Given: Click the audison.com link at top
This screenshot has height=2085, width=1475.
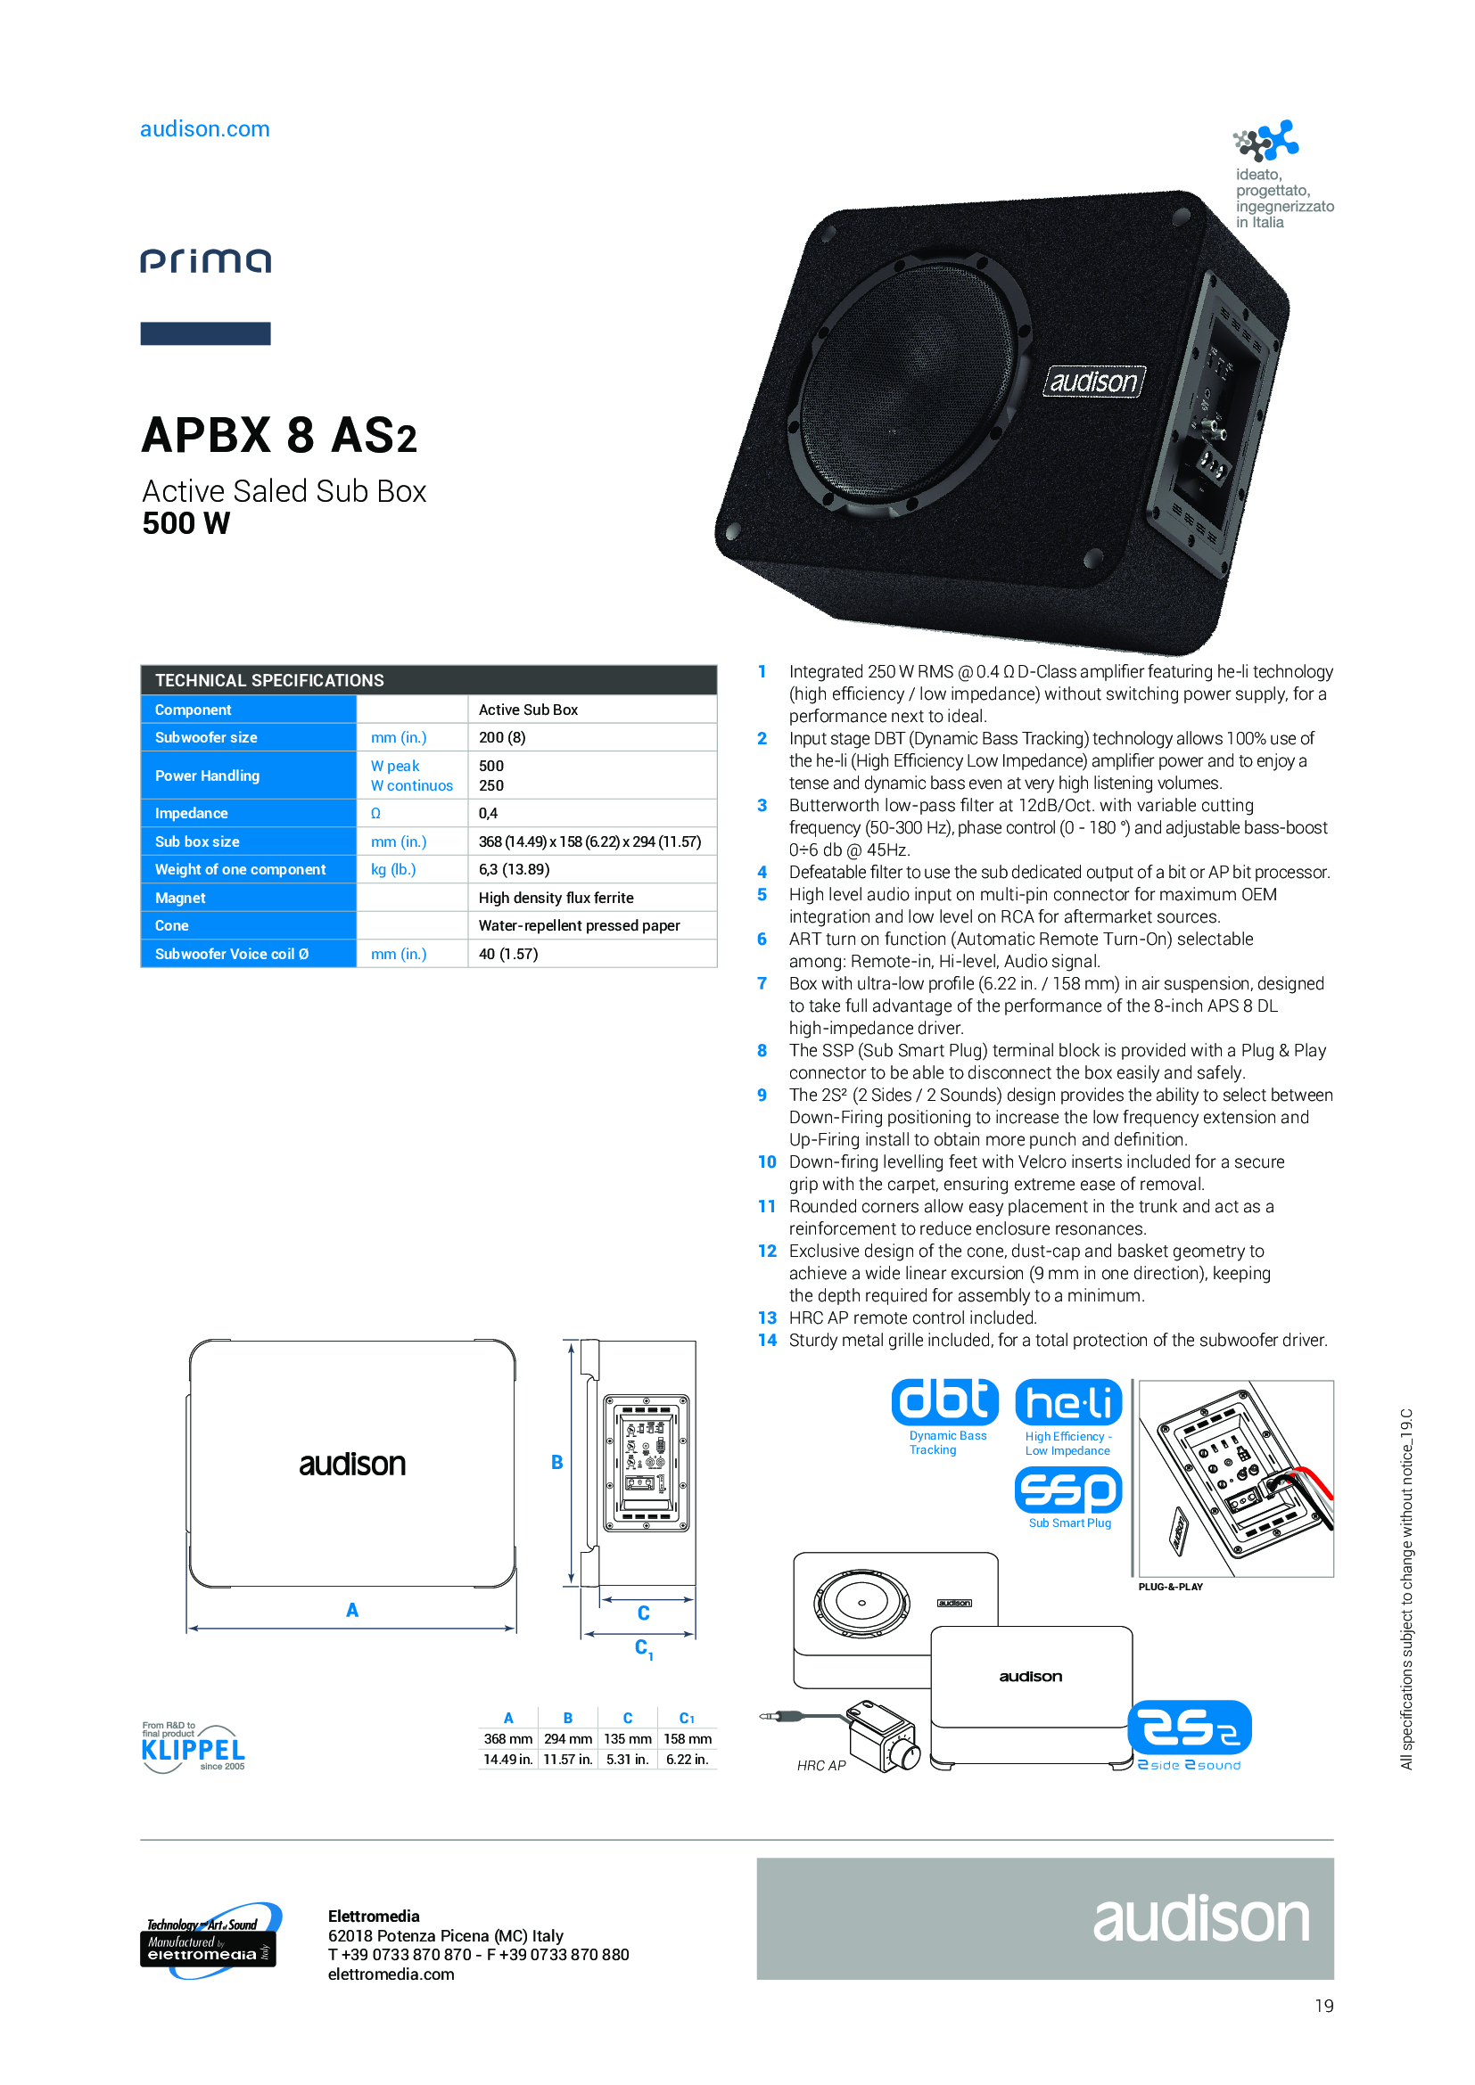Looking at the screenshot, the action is click(204, 129).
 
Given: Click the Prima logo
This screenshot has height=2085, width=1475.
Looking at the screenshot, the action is click(205, 261).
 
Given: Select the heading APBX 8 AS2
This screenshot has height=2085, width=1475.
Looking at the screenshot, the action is click(279, 435).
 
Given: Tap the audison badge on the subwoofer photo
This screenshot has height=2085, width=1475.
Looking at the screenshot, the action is click(1093, 382).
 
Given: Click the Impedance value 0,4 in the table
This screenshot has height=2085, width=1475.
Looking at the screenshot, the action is click(488, 813).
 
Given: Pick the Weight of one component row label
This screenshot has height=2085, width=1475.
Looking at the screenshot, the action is click(240, 869).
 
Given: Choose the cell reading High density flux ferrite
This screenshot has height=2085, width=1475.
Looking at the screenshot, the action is click(556, 898).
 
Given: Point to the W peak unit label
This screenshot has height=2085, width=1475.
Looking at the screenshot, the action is click(394, 766).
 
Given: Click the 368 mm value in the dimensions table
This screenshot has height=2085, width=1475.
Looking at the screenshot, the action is click(507, 1738).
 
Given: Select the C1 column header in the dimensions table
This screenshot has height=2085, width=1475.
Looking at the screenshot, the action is click(687, 1718).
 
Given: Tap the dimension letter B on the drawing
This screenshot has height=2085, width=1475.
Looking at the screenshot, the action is click(556, 1462).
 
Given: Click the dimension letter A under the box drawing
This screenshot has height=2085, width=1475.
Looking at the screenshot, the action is click(352, 1610).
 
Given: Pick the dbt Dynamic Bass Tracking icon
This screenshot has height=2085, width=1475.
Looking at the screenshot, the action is click(944, 1416).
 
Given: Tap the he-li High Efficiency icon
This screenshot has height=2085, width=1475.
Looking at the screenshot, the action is click(1068, 1416).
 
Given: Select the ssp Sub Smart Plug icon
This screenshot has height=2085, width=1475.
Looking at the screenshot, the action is click(1068, 1499).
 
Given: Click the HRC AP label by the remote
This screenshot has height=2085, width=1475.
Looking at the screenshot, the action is click(821, 1765).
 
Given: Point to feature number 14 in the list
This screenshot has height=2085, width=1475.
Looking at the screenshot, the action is click(767, 1340).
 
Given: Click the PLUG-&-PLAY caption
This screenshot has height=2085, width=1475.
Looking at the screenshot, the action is click(1170, 1587).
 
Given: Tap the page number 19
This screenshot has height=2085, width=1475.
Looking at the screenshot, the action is click(1324, 2005).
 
